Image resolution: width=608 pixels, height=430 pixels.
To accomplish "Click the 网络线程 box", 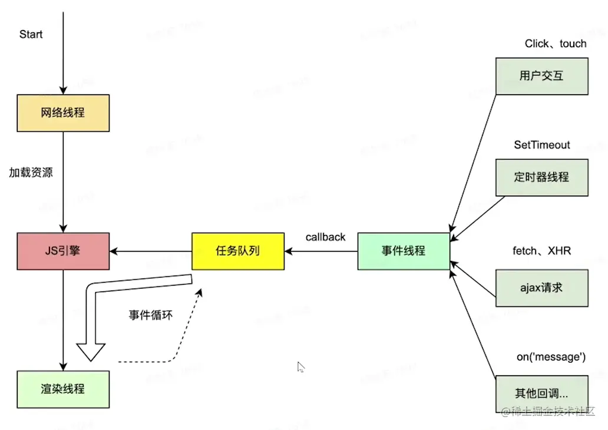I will click(63, 113).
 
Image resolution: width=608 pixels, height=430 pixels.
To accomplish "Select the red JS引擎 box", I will click(63, 252).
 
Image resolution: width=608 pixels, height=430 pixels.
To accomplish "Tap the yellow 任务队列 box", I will click(238, 252).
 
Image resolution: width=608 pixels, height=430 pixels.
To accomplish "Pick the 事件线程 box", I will click(404, 252).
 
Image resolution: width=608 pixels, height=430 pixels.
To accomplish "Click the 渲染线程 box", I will click(63, 389).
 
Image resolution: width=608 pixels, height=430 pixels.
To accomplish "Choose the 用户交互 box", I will click(541, 76).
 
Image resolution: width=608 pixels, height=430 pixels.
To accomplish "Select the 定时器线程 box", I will click(541, 177).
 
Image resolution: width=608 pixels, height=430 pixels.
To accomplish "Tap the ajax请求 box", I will click(541, 288).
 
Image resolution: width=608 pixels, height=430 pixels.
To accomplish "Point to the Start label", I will click(31, 34).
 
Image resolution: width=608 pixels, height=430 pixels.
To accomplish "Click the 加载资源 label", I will click(31, 173).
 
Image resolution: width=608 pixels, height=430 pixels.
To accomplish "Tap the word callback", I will click(325, 237).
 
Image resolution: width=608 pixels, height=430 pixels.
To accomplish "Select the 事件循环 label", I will click(151, 315).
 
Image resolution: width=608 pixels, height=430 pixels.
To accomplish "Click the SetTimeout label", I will click(542, 145).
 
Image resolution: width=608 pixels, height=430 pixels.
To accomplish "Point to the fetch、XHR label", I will click(541, 252).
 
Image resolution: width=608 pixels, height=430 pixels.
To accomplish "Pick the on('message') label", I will click(551, 357).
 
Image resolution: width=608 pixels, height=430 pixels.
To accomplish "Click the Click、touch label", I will click(556, 44).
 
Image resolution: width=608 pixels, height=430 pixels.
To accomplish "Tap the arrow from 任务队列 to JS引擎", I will click(150, 252).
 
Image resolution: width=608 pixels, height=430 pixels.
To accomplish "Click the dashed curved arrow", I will click(177, 348).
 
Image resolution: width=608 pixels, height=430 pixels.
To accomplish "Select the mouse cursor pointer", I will click(300, 367).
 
